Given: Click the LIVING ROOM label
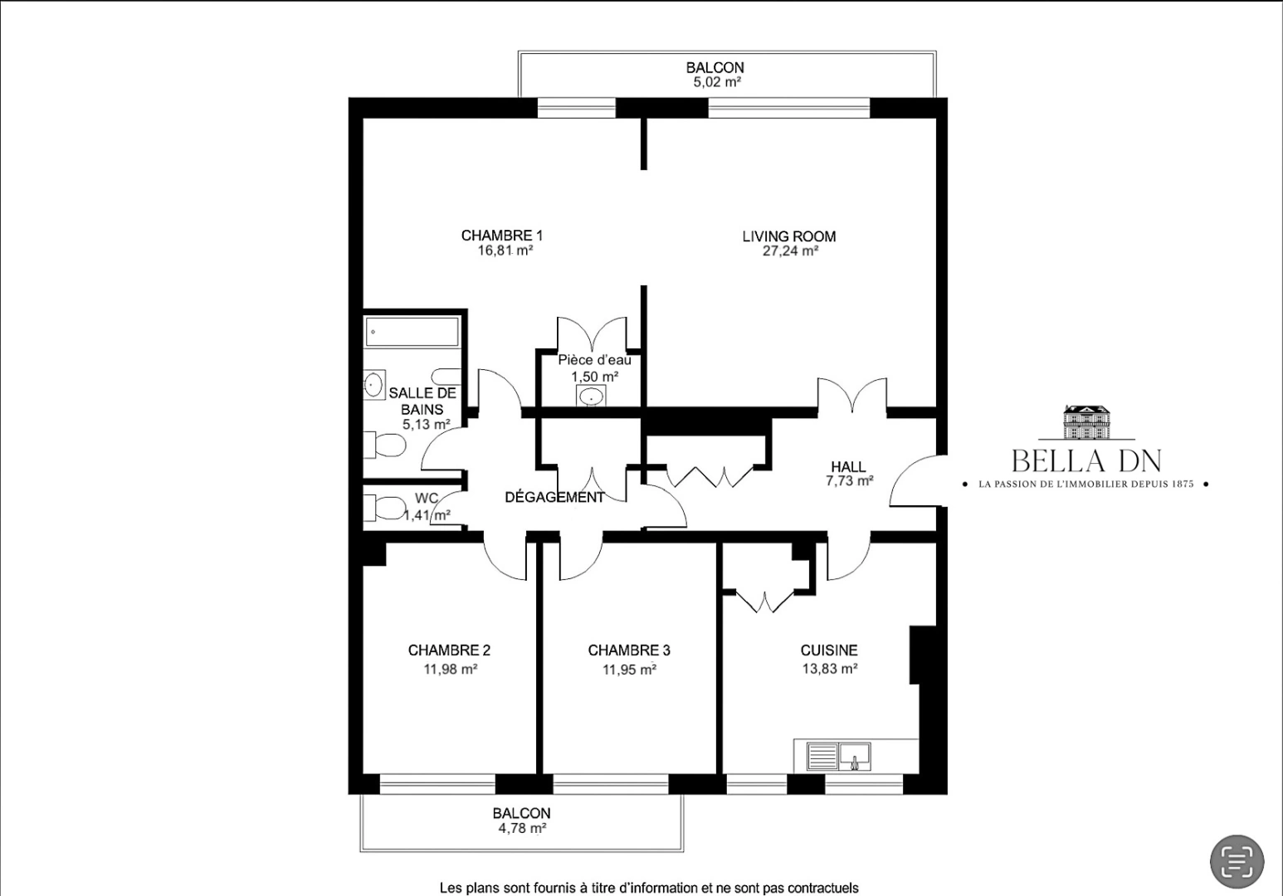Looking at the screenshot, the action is coord(788,236).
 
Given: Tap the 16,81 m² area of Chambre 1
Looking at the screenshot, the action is coord(505,251).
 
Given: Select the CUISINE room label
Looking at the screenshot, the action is coord(829,650).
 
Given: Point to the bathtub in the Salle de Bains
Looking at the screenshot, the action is coord(412,332).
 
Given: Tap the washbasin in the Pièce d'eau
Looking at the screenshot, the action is coord(591,396).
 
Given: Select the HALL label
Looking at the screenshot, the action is coord(848,466).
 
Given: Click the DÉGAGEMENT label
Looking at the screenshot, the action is coord(554,498).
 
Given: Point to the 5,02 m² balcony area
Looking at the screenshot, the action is coord(717,82).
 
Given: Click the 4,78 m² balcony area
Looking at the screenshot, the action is coord(522,828).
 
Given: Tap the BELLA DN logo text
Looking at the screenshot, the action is coord(1086,461).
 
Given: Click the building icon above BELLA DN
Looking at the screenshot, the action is coord(1086,422).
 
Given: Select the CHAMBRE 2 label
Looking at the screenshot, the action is coord(449,650).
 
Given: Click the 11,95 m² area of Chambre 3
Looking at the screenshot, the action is coord(629,670).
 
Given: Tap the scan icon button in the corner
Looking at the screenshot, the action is coord(1237,861).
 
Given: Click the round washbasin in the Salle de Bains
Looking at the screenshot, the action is coord(373,385).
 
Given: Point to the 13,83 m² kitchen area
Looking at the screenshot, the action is coord(829,669).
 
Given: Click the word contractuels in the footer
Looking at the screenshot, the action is coord(823,888).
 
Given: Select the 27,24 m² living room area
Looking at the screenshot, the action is coord(790,251).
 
